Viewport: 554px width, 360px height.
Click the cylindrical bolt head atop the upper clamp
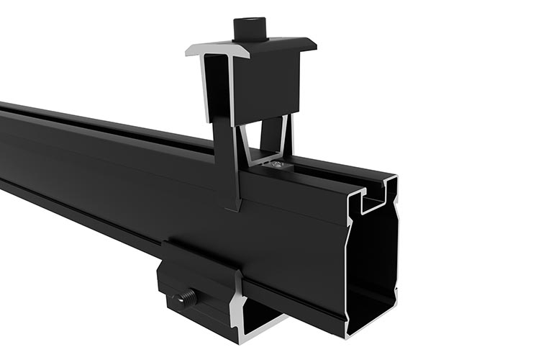point(249,30)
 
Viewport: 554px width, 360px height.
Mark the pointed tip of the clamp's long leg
point(232,210)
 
